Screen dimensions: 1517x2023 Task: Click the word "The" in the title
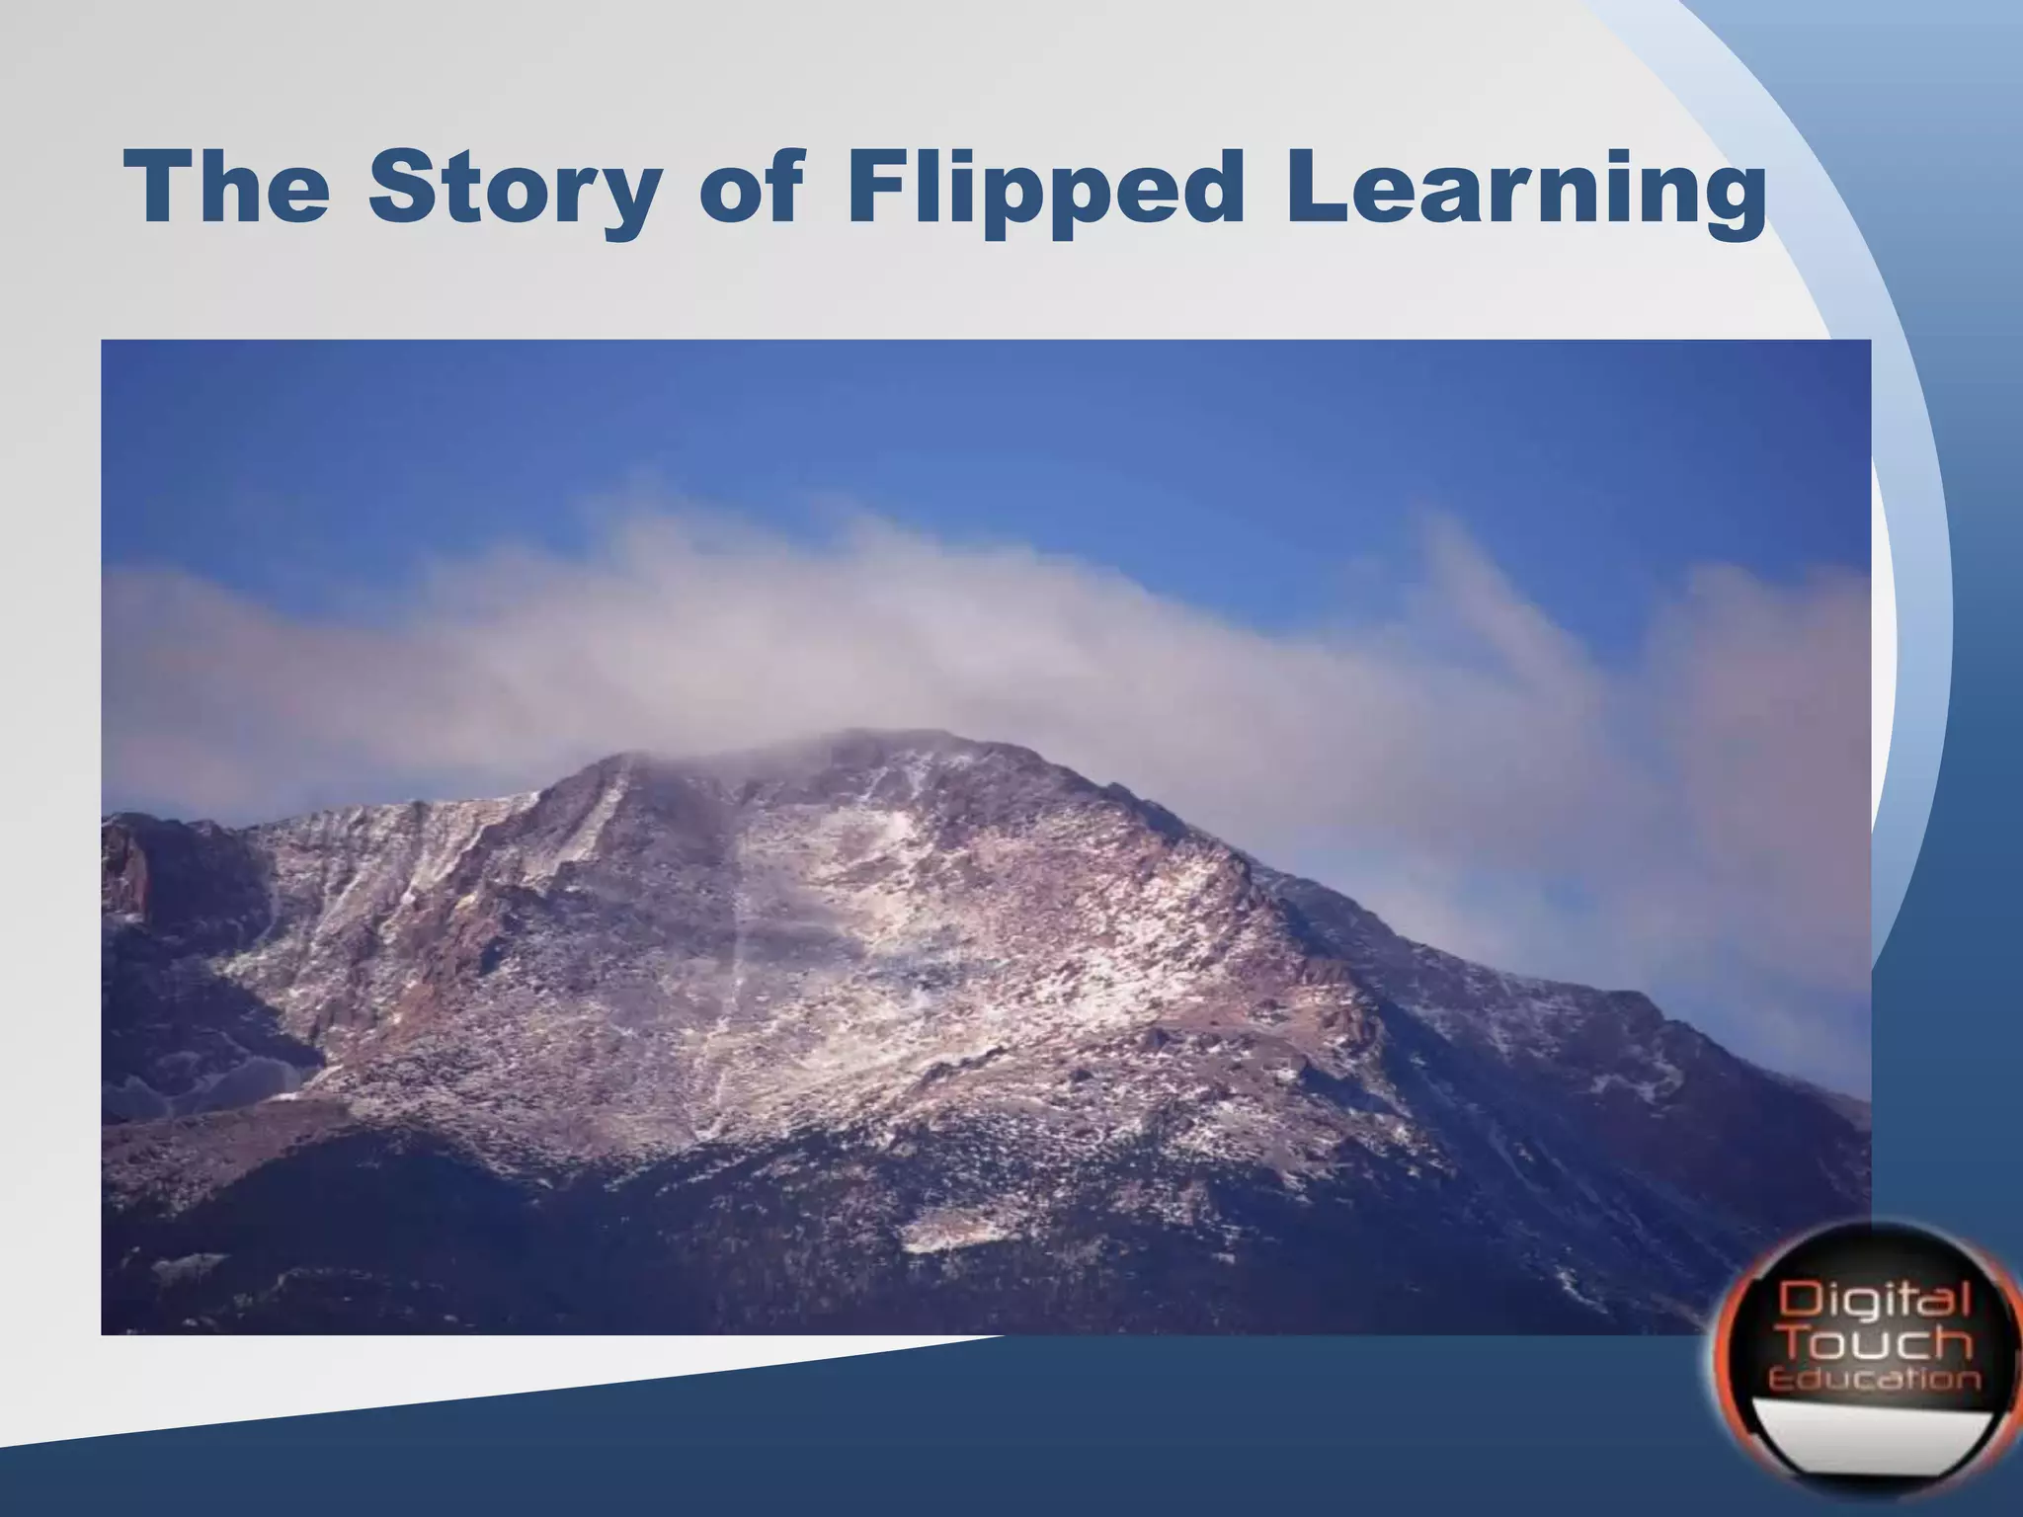228,188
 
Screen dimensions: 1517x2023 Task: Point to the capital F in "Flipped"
874,188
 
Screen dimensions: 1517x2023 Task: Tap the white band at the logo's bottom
1872,1427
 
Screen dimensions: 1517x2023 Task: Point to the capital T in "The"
158,188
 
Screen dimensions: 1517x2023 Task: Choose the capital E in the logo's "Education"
1778,1379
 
